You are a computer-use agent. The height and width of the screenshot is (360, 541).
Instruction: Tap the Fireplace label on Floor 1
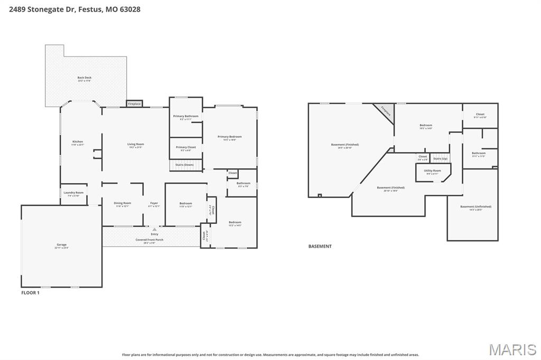pos(134,104)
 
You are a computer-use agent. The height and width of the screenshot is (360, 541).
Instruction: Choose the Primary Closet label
pos(185,148)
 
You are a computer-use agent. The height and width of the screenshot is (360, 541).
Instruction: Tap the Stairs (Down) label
pos(185,165)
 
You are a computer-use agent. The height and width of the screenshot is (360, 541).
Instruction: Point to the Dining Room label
pos(122,204)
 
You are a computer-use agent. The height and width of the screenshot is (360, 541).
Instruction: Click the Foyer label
pos(154,204)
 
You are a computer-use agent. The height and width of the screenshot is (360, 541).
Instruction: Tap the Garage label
pos(62,245)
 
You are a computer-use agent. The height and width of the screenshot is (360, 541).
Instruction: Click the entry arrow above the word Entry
pos(154,230)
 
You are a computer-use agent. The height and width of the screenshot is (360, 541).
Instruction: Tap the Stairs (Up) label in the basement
pos(440,159)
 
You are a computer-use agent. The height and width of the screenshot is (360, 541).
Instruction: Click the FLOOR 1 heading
pos(30,292)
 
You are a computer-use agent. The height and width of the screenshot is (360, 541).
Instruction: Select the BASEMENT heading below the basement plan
pos(320,246)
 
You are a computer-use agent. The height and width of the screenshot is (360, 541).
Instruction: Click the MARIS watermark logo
pos(512,349)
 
